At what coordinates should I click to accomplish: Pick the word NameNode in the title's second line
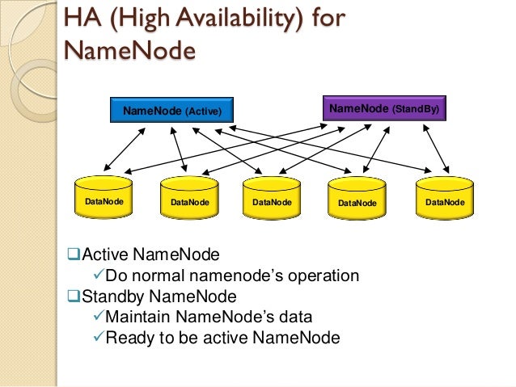[x=129, y=50]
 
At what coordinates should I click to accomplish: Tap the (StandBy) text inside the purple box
[x=416, y=107]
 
